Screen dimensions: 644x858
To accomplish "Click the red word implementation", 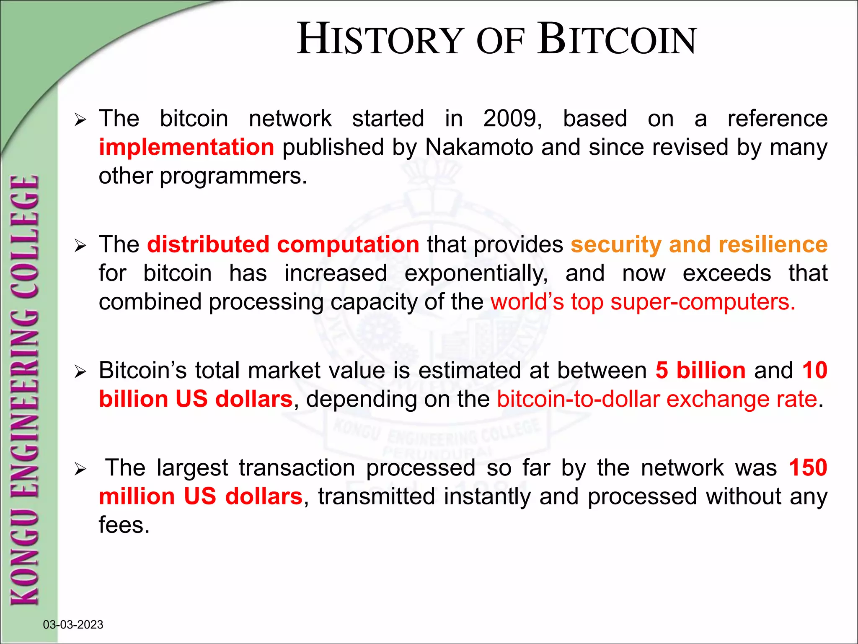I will click(x=186, y=147).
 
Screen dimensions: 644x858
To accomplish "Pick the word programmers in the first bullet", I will click(x=233, y=176).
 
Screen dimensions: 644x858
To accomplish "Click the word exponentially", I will click(x=476, y=273).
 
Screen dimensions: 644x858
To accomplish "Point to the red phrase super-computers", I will click(x=703, y=302).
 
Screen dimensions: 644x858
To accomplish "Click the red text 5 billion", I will click(x=700, y=371).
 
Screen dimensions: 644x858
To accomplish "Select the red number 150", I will click(x=808, y=467).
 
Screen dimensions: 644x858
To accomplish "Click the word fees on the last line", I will click(x=124, y=525).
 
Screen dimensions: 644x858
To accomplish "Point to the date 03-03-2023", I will click(x=73, y=625).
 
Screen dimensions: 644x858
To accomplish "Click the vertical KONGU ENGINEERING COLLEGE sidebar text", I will click(x=25, y=390).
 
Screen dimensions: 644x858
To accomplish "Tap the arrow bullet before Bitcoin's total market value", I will click(x=80, y=372).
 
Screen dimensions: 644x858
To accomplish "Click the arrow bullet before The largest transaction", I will click(x=80, y=469).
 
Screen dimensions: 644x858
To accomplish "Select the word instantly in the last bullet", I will click(x=487, y=496).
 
